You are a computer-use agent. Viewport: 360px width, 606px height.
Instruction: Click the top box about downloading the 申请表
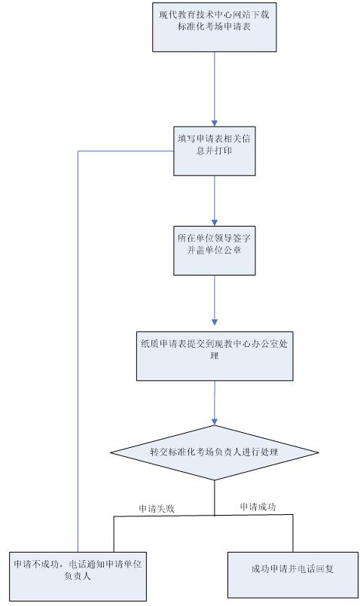(214, 27)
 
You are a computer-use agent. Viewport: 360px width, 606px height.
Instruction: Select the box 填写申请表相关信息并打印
(214, 151)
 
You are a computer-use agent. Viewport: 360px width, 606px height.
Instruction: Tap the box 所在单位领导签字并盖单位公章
(214, 251)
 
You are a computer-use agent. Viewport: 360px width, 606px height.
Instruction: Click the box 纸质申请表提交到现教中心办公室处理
(215, 356)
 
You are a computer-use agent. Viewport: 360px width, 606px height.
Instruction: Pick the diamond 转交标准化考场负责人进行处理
(215, 452)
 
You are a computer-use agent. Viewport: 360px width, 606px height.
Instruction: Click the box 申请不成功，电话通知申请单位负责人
(78, 576)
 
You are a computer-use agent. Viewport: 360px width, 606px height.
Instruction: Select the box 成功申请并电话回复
(293, 574)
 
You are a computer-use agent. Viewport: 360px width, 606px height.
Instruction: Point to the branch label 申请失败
(157, 509)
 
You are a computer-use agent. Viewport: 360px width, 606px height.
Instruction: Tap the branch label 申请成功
(258, 507)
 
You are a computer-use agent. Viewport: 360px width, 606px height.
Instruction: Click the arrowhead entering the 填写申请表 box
(215, 123)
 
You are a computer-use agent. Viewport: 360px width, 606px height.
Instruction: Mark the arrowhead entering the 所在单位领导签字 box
(215, 223)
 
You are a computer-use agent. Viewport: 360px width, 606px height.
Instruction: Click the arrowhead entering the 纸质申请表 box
(215, 322)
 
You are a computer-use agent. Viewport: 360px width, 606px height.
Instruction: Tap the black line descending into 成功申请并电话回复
(293, 533)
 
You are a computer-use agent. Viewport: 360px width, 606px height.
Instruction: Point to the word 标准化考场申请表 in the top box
(214, 27)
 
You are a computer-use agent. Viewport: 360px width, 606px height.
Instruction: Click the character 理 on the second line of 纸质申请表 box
(215, 355)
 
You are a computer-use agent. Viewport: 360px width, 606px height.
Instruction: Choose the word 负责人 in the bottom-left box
(78, 576)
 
